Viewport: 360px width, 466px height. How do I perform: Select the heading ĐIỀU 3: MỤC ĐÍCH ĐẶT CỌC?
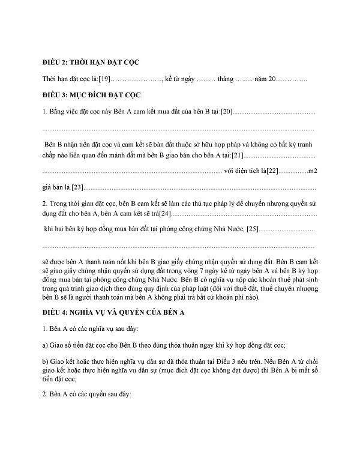91,95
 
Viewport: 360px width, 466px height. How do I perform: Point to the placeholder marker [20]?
226,112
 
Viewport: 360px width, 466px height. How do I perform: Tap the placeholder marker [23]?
79,187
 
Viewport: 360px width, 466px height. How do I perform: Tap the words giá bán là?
56,187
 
